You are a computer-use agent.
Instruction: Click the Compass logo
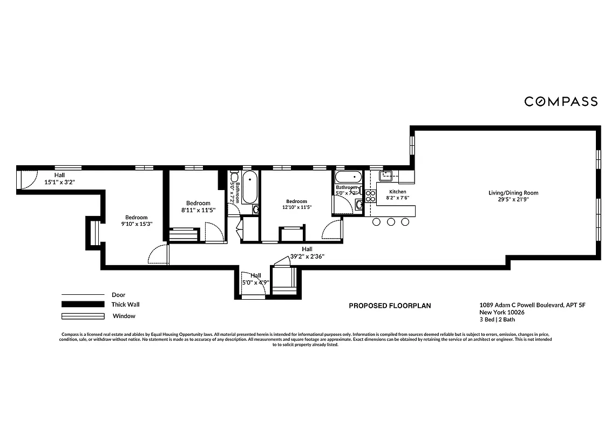point(561,102)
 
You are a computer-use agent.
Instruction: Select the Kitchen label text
point(398,192)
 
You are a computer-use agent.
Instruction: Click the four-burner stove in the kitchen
point(370,195)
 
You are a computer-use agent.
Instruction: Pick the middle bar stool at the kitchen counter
point(391,221)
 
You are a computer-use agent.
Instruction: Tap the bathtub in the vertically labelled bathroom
point(250,187)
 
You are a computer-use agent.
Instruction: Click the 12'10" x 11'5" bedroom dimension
point(296,207)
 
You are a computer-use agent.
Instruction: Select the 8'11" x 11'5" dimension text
point(198,210)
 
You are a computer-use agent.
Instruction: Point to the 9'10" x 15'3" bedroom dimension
point(136,224)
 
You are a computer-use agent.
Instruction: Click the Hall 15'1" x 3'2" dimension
point(59,183)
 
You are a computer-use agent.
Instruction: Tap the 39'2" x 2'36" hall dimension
point(307,256)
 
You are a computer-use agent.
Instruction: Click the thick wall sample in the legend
point(82,305)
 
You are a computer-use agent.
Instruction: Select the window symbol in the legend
point(82,316)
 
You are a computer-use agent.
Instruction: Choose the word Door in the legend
point(118,295)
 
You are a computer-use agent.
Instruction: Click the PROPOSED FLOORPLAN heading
point(390,306)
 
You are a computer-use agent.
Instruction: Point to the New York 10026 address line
point(502,312)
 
